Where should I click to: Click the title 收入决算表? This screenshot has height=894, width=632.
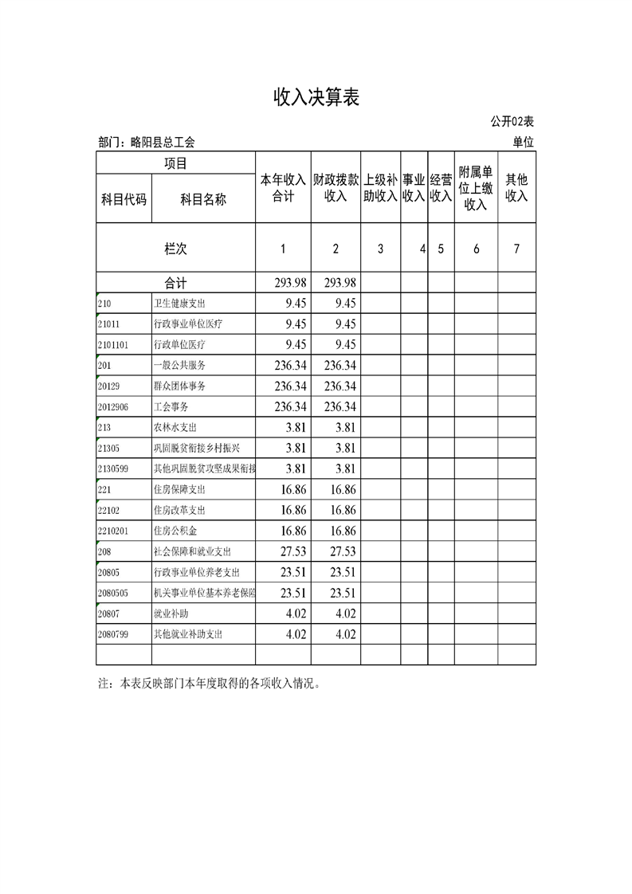pos(316,97)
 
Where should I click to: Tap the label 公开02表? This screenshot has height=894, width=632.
pos(512,122)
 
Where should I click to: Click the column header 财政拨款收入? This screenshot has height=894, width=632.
pos(336,187)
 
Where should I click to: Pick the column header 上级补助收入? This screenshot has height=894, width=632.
pos(380,187)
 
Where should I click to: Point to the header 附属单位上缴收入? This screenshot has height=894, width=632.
pos(476,188)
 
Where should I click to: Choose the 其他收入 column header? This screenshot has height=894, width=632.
pos(516,187)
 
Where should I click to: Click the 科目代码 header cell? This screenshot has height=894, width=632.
pos(124,199)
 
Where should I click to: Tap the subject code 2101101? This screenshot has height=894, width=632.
pos(112,345)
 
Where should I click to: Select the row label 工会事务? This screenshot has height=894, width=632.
pos(171,406)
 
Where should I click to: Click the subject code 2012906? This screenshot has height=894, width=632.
pos(112,406)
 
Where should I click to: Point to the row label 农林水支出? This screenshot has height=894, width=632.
pos(176,427)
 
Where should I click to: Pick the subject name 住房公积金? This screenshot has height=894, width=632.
pos(176,531)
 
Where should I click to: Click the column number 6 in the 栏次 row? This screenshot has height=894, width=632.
pos(476,249)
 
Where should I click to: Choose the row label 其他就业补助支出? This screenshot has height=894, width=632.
pos(188,634)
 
